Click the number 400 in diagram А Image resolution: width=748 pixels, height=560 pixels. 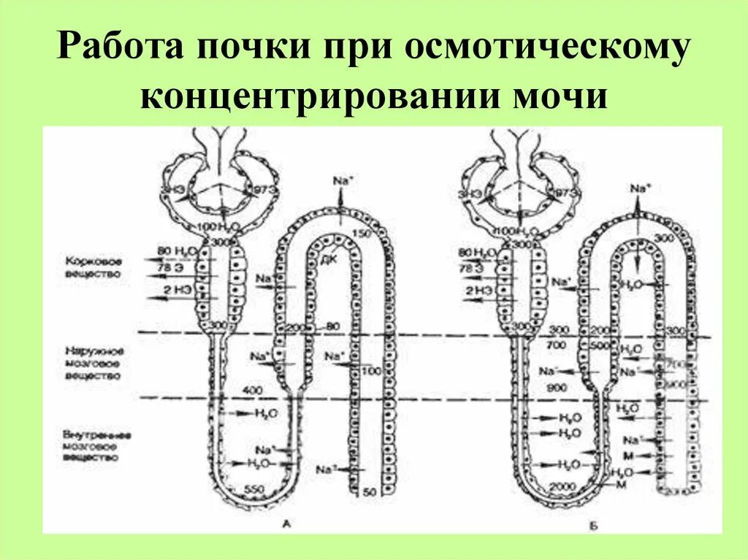point(251,392)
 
